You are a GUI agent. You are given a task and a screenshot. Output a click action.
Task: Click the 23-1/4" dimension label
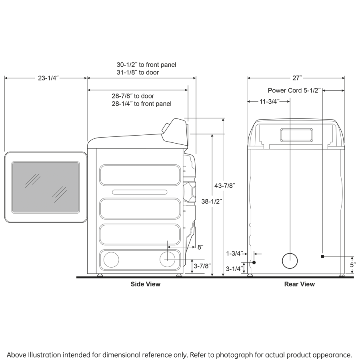click(48, 78)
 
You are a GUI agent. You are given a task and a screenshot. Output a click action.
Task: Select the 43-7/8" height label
click(225, 186)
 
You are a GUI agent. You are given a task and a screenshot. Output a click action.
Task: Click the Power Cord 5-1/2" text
click(294, 91)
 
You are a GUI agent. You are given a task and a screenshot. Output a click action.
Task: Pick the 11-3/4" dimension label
click(269, 102)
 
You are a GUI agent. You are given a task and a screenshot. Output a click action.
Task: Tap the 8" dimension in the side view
click(200, 247)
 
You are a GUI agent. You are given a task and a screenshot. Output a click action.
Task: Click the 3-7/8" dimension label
click(202, 266)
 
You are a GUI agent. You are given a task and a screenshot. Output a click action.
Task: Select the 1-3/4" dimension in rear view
click(234, 253)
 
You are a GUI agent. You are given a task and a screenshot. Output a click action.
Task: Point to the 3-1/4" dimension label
click(234, 269)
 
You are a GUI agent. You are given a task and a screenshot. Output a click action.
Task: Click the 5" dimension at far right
click(352, 265)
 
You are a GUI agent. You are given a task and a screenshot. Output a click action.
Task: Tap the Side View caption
click(146, 284)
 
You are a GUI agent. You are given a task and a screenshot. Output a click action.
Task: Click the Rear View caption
click(299, 284)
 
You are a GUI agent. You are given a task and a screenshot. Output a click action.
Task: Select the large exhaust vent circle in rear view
click(290, 261)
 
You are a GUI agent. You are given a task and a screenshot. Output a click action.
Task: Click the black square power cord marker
click(322, 256)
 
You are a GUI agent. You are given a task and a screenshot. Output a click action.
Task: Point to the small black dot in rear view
click(254, 262)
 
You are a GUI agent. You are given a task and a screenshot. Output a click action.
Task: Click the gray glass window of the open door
click(45, 187)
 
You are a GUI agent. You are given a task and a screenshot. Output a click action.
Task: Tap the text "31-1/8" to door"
click(138, 72)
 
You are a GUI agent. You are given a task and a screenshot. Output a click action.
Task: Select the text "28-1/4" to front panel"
click(142, 104)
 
